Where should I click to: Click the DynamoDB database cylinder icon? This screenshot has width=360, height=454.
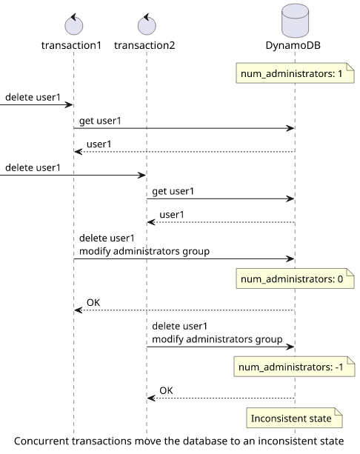295,21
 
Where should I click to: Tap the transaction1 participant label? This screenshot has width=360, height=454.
71,45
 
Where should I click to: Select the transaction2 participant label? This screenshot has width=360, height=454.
144,45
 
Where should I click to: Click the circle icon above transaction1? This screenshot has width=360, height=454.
74,24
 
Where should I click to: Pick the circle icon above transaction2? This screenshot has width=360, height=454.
147,24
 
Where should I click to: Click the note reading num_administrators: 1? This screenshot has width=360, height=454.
295,73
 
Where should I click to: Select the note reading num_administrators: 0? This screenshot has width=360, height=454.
295,278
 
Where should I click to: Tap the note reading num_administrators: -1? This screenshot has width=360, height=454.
295,367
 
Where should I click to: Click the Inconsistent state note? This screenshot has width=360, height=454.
294,418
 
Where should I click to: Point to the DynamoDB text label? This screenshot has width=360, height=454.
293,45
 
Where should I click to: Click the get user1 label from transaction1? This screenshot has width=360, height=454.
100,121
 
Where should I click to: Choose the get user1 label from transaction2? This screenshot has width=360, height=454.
173,191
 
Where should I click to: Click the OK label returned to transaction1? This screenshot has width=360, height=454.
93,303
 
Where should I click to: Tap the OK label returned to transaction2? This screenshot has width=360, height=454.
166,390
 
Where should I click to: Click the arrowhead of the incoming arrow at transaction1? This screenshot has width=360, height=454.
69,105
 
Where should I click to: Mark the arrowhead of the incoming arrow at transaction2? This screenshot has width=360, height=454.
142,176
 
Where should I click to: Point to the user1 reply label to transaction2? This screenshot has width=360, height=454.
172,215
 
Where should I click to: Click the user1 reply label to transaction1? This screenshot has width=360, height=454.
99,144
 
